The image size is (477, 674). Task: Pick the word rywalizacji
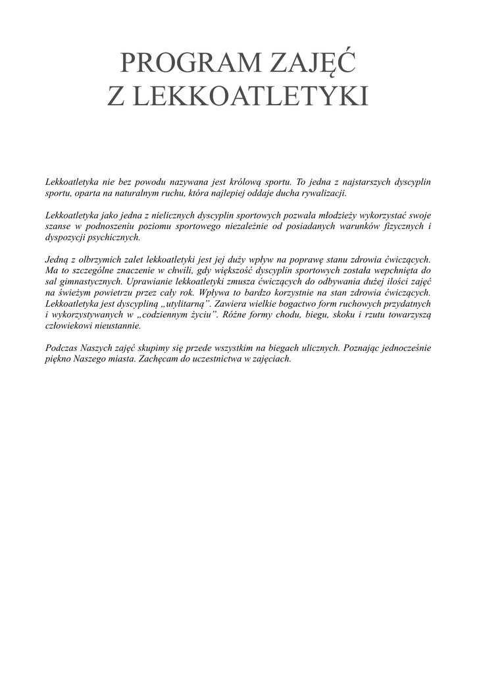(x=324, y=194)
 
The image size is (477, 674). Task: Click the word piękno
(x=59, y=359)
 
